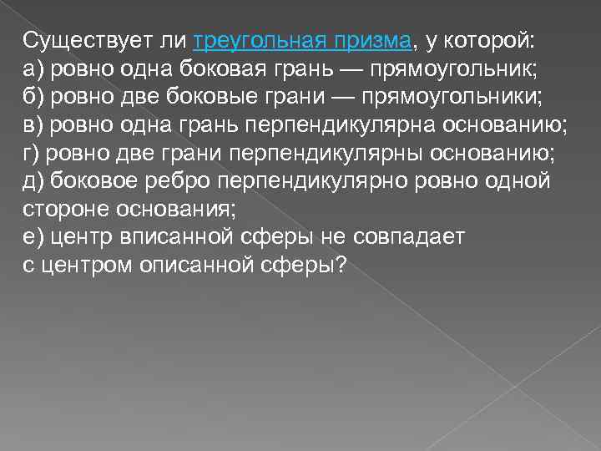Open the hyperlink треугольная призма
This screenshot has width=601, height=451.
coord(302,41)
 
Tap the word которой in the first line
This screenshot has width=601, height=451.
coord(492,41)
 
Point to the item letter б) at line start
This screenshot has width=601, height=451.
coord(33,97)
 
